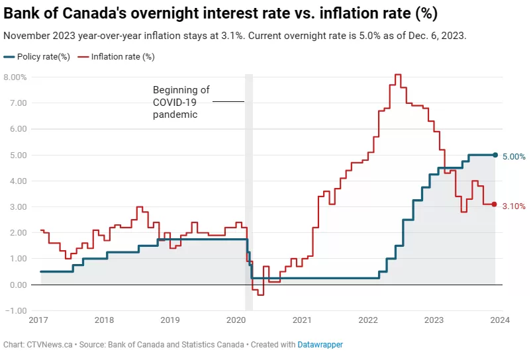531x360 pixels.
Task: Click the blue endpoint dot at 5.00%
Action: [495, 155]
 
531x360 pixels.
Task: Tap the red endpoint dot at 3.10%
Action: [494, 204]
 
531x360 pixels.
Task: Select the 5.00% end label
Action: [514, 157]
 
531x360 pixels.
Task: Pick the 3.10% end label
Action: [514, 206]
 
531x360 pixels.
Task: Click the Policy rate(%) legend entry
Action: [37, 57]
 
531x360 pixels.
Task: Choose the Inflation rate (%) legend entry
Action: [116, 57]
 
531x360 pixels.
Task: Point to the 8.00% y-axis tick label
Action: [15, 77]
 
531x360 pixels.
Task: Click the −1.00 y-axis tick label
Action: [16, 310]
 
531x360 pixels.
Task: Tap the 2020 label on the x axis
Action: [236, 320]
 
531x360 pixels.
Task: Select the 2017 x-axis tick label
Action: [38, 320]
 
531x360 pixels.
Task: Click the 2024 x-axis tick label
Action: [500, 320]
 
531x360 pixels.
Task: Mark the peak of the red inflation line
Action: [399, 75]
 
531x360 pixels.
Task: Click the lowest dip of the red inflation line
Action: [260, 295]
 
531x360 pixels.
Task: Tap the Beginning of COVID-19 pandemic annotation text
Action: [181, 102]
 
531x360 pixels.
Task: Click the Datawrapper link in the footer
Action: [320, 344]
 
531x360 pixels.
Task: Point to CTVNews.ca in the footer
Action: [50, 344]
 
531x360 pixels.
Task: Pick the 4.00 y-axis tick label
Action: [19, 181]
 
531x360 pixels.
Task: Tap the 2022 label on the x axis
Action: [368, 320]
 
